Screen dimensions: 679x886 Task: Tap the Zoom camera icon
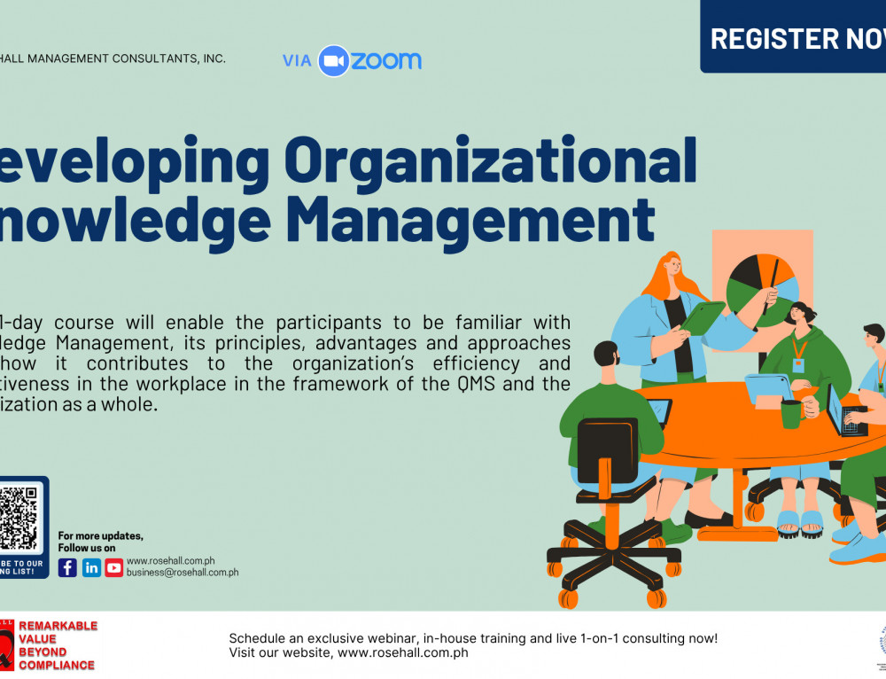(333, 60)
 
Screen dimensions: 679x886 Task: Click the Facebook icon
(67, 568)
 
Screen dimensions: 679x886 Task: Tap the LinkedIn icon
(91, 568)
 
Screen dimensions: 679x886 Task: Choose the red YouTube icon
(114, 568)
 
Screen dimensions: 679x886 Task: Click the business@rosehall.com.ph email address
(183, 573)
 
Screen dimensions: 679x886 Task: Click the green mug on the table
(790, 414)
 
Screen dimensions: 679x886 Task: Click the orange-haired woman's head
(667, 267)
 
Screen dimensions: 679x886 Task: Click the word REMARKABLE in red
(58, 626)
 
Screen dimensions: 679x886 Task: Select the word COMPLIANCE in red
(57, 665)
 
